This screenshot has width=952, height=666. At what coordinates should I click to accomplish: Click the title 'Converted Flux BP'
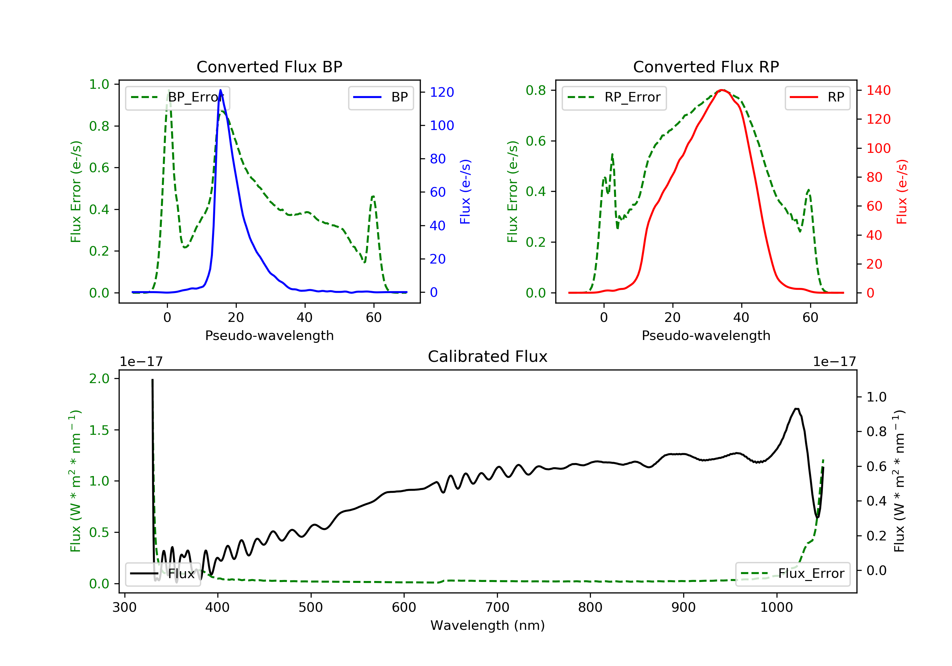(x=269, y=67)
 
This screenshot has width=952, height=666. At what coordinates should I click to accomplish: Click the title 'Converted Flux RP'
(x=706, y=67)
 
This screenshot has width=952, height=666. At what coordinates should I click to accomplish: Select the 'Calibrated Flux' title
(x=488, y=356)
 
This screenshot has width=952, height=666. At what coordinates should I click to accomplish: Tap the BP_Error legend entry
(x=177, y=97)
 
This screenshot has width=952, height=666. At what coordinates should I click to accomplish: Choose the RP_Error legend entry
(x=614, y=97)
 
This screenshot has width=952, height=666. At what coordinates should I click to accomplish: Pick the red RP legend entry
(x=817, y=97)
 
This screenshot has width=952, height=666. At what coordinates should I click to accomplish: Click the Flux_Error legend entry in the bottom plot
(x=792, y=574)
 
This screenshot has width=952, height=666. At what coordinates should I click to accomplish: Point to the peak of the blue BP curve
(x=220, y=90)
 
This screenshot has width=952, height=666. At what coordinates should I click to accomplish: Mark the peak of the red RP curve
(x=722, y=90)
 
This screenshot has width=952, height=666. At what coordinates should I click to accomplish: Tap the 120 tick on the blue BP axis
(x=442, y=92)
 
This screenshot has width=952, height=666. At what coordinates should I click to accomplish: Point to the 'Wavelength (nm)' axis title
(x=488, y=625)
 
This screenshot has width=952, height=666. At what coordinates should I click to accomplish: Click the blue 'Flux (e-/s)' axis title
(x=465, y=192)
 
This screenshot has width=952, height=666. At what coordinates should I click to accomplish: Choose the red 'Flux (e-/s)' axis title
(x=902, y=192)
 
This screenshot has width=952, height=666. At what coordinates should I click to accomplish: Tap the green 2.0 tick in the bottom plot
(x=100, y=378)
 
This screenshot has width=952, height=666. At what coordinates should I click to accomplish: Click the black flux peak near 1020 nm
(x=796, y=409)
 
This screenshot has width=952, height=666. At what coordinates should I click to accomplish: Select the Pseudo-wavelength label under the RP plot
(x=706, y=335)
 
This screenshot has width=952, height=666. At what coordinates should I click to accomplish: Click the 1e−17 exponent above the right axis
(x=834, y=362)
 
